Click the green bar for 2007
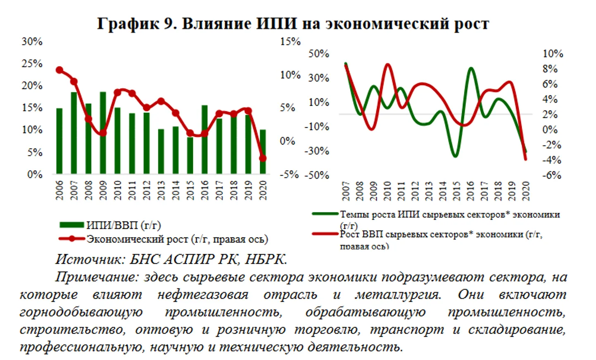click(74, 132)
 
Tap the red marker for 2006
click(59, 70)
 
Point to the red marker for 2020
click(263, 158)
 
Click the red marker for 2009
click(103, 133)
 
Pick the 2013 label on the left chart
click(161, 190)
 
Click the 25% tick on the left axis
click(32, 64)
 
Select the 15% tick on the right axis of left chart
click(290, 41)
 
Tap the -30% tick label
click(317, 151)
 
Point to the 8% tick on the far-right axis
click(550, 69)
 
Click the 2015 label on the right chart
click(456, 191)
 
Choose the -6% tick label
click(551, 175)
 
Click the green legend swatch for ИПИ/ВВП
click(71, 225)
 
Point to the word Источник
click(90, 259)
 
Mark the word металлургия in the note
click(398, 295)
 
